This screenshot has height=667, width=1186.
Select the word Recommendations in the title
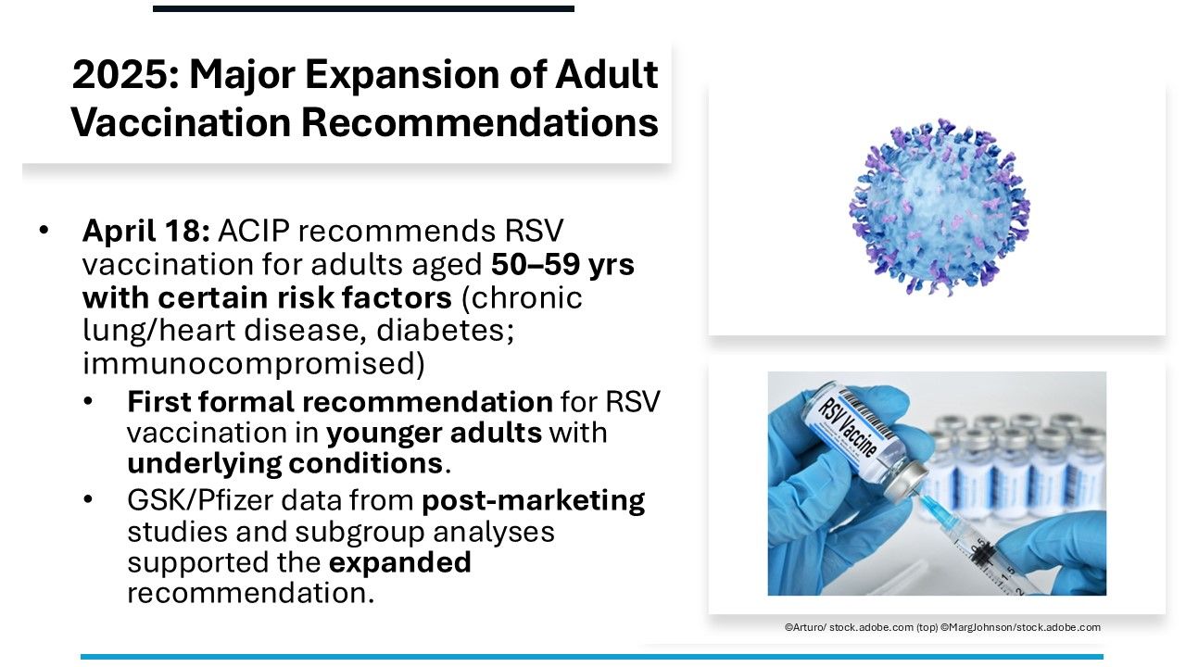point(480,122)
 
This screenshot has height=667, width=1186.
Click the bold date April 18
point(146,232)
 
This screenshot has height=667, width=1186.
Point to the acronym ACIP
point(254,231)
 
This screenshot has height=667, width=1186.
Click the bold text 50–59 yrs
point(562,265)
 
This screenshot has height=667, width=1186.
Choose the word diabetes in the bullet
point(446,330)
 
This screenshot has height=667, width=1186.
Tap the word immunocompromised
point(254,364)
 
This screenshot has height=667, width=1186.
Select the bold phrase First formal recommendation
point(340,402)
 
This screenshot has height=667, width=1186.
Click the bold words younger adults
point(435,434)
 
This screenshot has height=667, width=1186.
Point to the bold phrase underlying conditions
point(284,463)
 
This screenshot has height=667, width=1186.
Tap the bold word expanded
point(399,562)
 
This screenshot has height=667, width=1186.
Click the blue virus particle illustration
point(940,207)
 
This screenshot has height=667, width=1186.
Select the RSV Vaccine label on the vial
point(847,427)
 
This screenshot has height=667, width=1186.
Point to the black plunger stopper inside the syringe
point(982,554)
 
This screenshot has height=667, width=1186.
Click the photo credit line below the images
point(942,627)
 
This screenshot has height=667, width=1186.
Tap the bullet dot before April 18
point(44,231)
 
